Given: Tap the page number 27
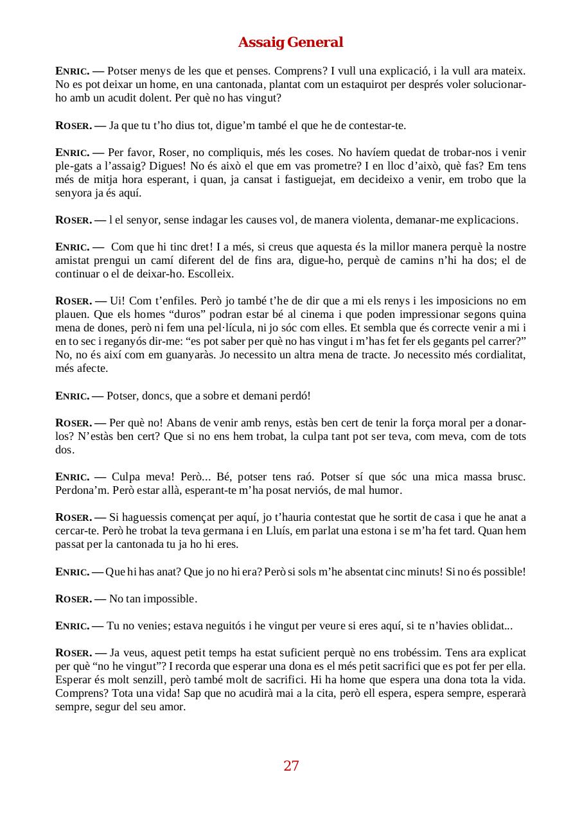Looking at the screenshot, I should [291, 765].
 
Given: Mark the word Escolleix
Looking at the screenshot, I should [211, 274].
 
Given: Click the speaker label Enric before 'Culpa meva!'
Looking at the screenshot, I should [72, 477].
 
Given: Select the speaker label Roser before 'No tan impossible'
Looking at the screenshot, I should [73, 599].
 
